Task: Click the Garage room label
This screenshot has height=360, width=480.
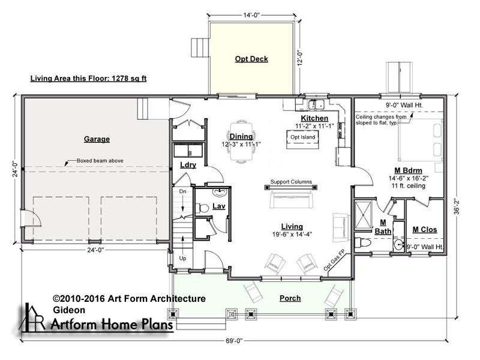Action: [x=97, y=139]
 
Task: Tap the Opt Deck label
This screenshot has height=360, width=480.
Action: [x=251, y=59]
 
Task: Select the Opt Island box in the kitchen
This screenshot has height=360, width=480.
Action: [x=302, y=139]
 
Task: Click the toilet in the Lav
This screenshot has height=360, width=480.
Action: [x=202, y=208]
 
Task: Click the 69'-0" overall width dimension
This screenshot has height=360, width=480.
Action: [x=234, y=341]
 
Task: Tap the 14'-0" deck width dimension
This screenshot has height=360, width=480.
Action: [x=251, y=15]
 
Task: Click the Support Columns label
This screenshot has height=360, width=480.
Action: [x=291, y=182]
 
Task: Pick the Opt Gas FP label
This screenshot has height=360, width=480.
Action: [x=334, y=260]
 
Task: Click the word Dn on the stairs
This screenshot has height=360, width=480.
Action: [x=182, y=191]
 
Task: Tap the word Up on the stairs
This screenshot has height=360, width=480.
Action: [x=182, y=259]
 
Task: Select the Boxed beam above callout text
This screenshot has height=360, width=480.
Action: [x=100, y=160]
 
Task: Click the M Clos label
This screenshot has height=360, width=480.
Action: [x=425, y=230]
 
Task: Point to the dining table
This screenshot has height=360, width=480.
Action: [x=242, y=142]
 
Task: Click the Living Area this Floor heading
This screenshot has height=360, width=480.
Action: [x=88, y=79]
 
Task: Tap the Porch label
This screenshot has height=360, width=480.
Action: [x=290, y=298]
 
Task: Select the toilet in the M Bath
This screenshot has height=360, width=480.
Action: [x=363, y=243]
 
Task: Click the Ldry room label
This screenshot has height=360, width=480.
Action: [x=188, y=165]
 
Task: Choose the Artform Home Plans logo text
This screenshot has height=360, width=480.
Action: [x=112, y=324]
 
